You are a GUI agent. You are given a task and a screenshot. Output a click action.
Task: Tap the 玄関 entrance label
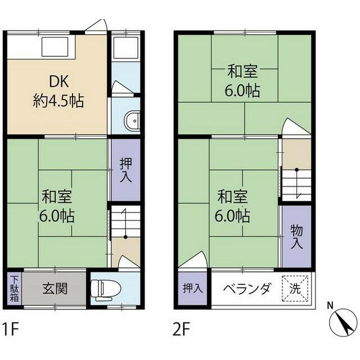[x=55, y=289]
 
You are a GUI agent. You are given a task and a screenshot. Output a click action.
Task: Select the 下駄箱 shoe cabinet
[x=14, y=289]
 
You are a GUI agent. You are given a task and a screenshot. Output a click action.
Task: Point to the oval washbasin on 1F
[x=133, y=120]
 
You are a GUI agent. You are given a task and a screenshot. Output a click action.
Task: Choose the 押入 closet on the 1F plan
[x=125, y=169]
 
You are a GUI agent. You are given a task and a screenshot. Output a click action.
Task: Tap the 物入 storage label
[x=296, y=236]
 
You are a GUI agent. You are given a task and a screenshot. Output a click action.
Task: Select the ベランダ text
[x=247, y=289]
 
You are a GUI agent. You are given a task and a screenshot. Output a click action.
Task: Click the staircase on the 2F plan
[x=296, y=183]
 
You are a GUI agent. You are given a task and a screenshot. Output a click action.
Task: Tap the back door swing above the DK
[x=97, y=26]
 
